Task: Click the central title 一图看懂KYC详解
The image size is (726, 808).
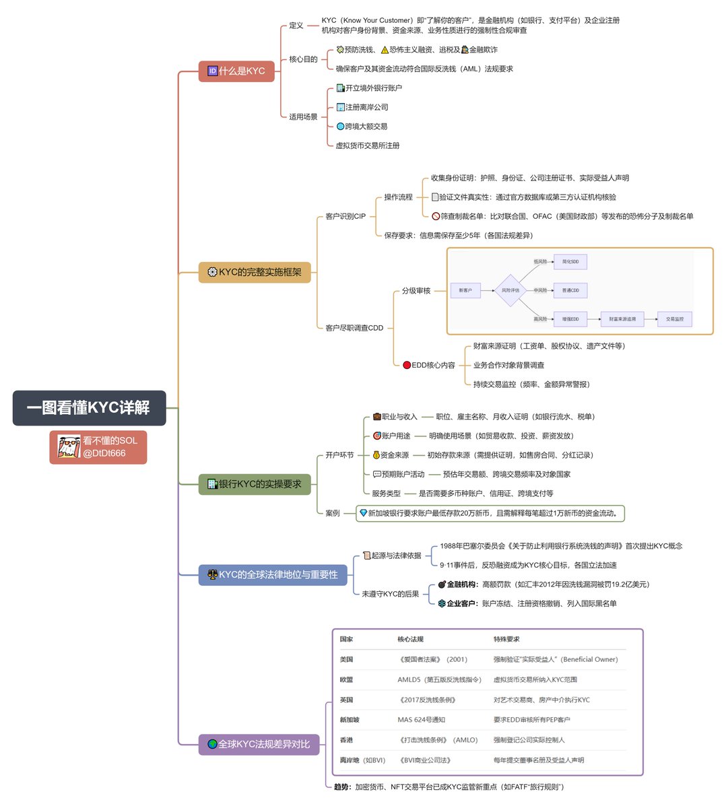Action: [89, 408]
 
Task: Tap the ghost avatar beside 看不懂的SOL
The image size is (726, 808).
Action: [68, 447]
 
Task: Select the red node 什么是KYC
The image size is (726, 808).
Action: [236, 71]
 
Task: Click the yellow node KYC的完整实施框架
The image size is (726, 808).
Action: [255, 272]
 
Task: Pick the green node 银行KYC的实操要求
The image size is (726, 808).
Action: [255, 484]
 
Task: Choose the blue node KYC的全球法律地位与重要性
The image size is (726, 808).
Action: [273, 574]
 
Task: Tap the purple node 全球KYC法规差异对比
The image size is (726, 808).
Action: [259, 744]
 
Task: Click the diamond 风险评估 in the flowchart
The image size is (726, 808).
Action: [510, 290]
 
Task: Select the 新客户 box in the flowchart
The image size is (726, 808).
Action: [465, 290]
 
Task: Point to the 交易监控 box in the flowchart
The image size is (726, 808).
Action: [674, 319]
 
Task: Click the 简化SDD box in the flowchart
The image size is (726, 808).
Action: [570, 261]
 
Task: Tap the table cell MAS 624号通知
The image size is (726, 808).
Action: [421, 720]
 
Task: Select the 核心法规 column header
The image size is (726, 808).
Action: [410, 639]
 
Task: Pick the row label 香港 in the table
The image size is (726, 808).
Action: [346, 740]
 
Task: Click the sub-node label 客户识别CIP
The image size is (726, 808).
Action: [345, 216]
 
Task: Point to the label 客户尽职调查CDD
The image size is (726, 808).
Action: [354, 328]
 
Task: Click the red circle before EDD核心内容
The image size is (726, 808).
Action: [407, 365]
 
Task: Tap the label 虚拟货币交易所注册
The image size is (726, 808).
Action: [368, 145]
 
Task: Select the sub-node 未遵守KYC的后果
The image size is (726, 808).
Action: [390, 594]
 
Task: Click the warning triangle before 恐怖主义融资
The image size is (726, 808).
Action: [385, 50]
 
